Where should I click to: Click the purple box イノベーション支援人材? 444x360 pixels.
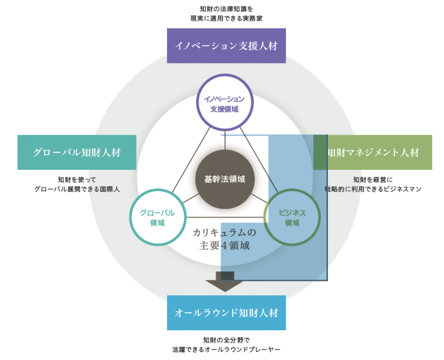click(x=226, y=46)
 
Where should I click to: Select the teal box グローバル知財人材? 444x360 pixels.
click(x=77, y=152)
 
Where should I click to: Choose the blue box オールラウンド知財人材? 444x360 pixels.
click(x=226, y=313)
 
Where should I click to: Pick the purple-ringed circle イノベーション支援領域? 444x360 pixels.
click(x=225, y=103)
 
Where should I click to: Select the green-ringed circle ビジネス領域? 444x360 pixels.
click(x=292, y=217)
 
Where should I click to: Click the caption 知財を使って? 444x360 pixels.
click(x=77, y=179)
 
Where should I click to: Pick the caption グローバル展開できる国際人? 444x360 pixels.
click(x=77, y=189)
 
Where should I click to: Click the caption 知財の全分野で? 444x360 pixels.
click(x=226, y=339)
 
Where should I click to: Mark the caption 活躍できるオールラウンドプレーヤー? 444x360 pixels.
click(x=226, y=349)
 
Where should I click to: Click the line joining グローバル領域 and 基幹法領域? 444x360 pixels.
click(x=189, y=199)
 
